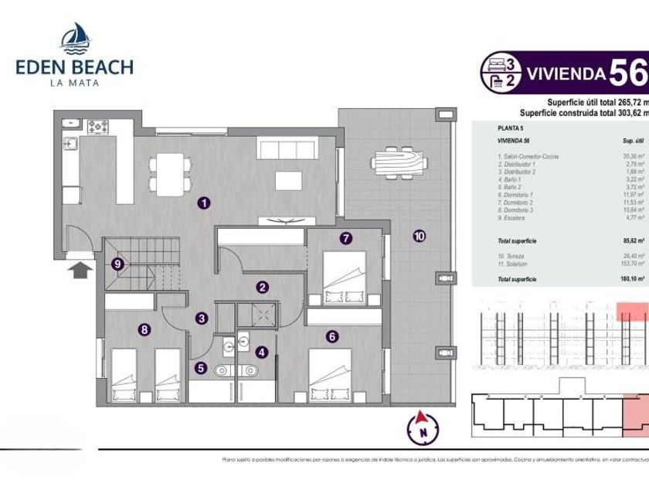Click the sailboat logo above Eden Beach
point(75,37)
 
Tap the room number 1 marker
point(204,203)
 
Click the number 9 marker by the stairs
point(117,264)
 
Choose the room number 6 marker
point(332,336)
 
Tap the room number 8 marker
point(144,329)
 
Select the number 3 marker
point(201,317)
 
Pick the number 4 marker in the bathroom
point(262,352)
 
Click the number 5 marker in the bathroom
point(201,368)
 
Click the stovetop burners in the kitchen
point(99,124)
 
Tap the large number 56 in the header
point(627,73)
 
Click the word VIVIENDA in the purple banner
point(565,74)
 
